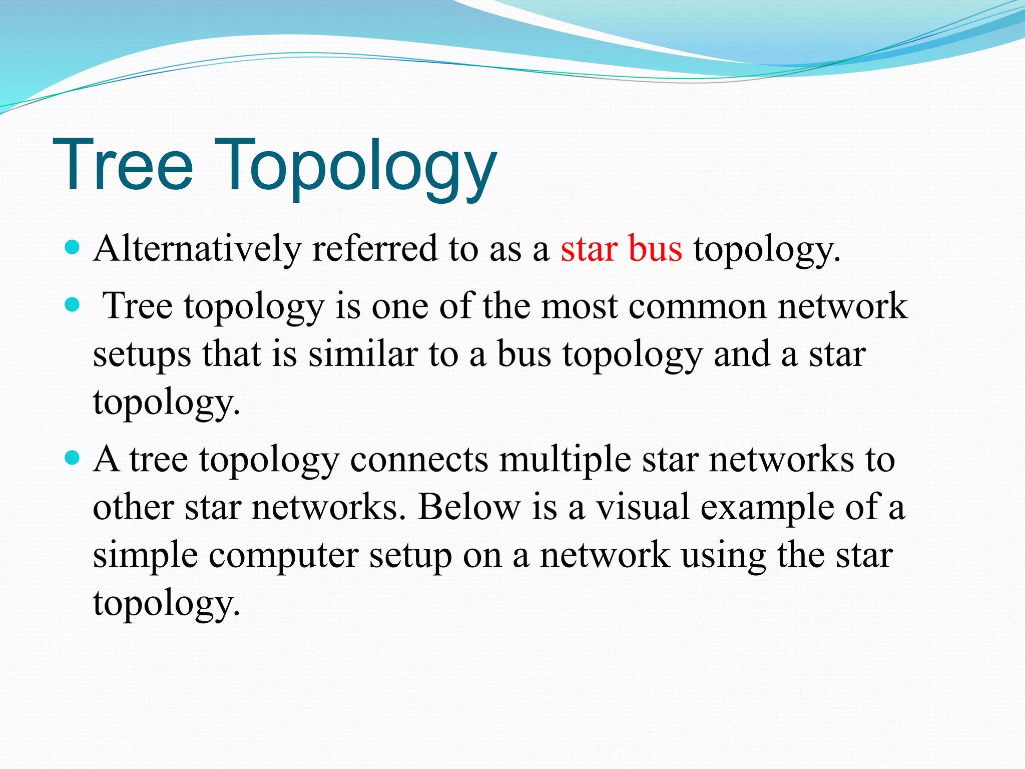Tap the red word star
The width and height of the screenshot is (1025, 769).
click(588, 249)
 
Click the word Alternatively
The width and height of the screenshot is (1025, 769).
click(197, 249)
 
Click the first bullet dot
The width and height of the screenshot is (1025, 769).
click(73, 247)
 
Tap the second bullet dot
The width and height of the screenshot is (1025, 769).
click(73, 304)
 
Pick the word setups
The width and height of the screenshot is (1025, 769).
click(142, 355)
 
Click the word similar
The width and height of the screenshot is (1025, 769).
click(362, 354)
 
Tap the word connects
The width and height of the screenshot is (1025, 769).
click(419, 459)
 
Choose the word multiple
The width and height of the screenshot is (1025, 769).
click(565, 459)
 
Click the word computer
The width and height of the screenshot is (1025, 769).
click(283, 556)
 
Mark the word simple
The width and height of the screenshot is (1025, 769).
click(145, 556)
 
